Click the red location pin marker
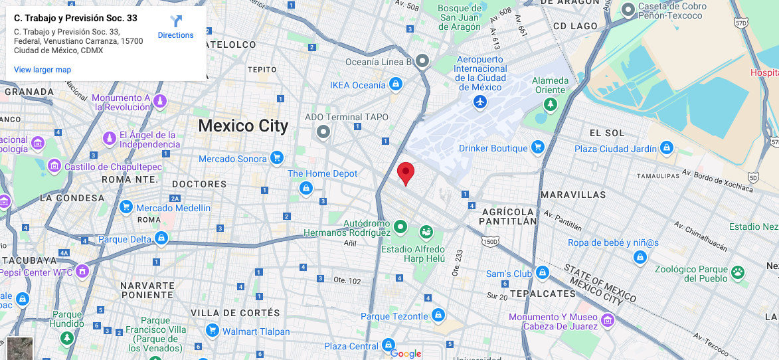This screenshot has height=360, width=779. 406,173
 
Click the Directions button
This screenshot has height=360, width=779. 175,27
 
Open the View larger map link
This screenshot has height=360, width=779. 43,70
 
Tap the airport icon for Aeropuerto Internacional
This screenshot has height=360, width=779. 481,102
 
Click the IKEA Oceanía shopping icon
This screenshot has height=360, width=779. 396,84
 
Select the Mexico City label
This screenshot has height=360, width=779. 243,126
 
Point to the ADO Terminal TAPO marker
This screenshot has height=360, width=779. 323,132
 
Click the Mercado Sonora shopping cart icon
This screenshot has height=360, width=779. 277,158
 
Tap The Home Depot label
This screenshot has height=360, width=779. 322,173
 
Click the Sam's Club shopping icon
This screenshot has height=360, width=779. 543,273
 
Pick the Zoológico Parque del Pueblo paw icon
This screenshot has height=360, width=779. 737,272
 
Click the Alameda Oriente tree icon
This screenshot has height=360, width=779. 550,104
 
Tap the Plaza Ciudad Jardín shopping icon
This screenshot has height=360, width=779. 667,148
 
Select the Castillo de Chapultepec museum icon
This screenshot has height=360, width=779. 54,166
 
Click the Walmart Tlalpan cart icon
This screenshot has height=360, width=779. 213,330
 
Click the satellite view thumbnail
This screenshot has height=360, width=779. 20,348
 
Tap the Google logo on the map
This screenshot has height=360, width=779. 406,353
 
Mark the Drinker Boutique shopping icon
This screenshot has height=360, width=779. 538,147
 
